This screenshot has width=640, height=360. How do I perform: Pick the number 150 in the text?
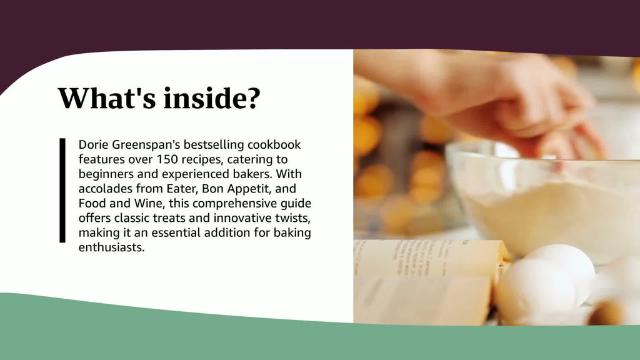pos(167,159)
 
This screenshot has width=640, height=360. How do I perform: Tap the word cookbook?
pos(274,144)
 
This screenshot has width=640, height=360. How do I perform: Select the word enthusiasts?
pos(111,247)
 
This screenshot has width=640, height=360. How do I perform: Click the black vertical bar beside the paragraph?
pos(62,190)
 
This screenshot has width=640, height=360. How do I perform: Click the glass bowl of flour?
pos(543,200)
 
